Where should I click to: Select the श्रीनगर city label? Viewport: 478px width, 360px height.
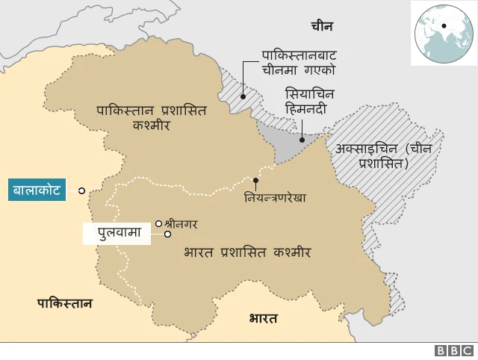pyautogui.click(x=184, y=223)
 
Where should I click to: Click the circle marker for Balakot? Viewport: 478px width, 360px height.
pyautogui.click(x=81, y=191)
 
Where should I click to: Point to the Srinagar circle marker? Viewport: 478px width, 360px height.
pyautogui.click(x=158, y=223)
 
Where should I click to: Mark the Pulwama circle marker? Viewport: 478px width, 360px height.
pyautogui.click(x=168, y=234)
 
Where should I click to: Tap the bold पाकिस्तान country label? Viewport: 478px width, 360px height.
pyautogui.click(x=65, y=302)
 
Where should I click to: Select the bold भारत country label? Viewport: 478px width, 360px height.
pyautogui.click(x=263, y=318)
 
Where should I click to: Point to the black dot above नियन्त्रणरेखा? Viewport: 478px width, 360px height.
pyautogui.click(x=256, y=180)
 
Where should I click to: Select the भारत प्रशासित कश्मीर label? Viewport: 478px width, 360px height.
pyautogui.click(x=247, y=253)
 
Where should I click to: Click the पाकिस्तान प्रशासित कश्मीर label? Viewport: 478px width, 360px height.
pyautogui.click(x=151, y=117)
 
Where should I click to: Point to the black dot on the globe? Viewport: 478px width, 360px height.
pyautogui.click(x=444, y=27)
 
